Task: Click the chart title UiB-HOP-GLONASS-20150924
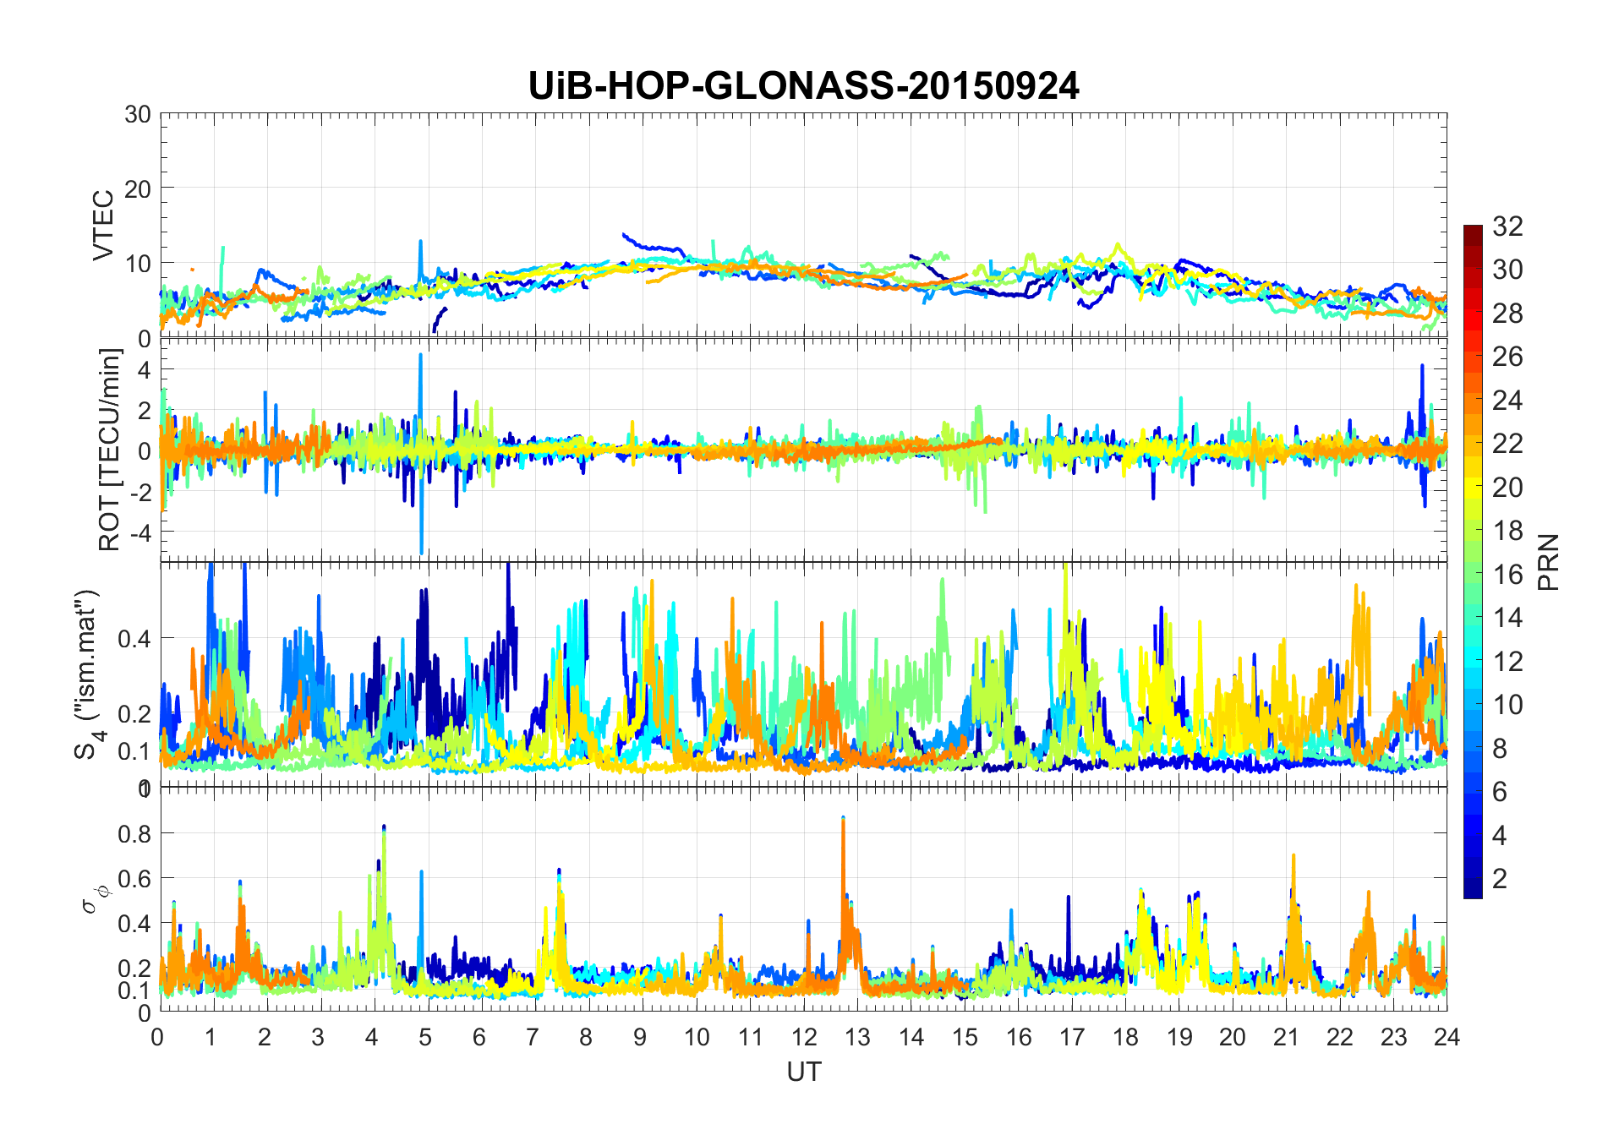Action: pyautogui.click(x=803, y=86)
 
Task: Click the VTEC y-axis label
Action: pyautogui.click(x=102, y=226)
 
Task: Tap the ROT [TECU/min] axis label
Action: pyautogui.click(x=110, y=450)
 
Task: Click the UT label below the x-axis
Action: pyautogui.click(x=803, y=1072)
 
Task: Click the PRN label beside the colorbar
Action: pyautogui.click(x=1548, y=562)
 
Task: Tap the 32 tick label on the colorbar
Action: pyautogui.click(x=1507, y=226)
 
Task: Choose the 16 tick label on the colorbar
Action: pyautogui.click(x=1507, y=575)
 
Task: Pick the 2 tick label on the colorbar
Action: pyautogui.click(x=1500, y=878)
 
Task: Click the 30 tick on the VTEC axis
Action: pyautogui.click(x=138, y=114)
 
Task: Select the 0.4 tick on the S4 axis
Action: pyautogui.click(x=134, y=638)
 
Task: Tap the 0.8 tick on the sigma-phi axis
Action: pyautogui.click(x=134, y=833)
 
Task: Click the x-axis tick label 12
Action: pyautogui.click(x=804, y=1037)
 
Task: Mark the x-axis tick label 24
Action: pyautogui.click(x=1447, y=1037)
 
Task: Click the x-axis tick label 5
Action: pyautogui.click(x=425, y=1037)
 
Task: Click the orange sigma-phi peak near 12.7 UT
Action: pyautogui.click(x=843, y=820)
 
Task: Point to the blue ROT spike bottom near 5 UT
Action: pyautogui.click(x=422, y=551)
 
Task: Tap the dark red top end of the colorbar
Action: pyautogui.click(x=1473, y=228)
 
